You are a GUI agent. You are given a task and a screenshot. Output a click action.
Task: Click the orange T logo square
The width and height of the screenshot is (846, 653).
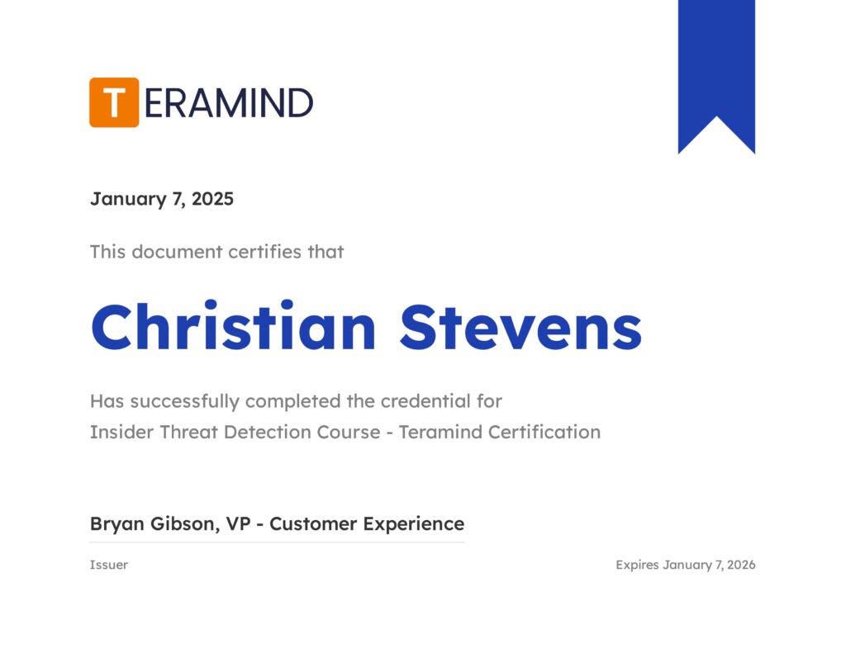pyautogui.click(x=114, y=102)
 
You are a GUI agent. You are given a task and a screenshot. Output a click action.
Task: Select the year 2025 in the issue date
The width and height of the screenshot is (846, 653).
pyautogui.click(x=212, y=198)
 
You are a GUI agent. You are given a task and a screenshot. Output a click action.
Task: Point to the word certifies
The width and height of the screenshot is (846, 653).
pyautogui.click(x=264, y=252)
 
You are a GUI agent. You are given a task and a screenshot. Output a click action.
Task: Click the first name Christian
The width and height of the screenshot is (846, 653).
pyautogui.click(x=233, y=326)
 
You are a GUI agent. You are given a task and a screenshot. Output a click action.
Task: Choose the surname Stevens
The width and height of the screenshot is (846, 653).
pyautogui.click(x=520, y=327)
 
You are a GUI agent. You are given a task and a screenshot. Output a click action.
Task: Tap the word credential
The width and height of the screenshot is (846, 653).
pyautogui.click(x=425, y=401)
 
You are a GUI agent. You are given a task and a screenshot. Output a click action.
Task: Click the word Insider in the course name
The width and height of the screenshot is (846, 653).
pyautogui.click(x=121, y=432)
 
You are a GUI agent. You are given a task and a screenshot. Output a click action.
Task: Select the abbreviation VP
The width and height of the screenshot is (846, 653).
pyautogui.click(x=238, y=523)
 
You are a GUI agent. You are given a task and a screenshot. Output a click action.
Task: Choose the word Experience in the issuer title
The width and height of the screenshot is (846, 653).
pyautogui.click(x=413, y=524)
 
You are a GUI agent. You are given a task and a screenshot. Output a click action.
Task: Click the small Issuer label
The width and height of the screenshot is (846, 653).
pyautogui.click(x=108, y=565)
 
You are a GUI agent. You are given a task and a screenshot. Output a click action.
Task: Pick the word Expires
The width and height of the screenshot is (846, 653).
pyautogui.click(x=637, y=565)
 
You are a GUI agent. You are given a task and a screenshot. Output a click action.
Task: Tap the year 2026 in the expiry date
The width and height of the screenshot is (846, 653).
pyautogui.click(x=741, y=565)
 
